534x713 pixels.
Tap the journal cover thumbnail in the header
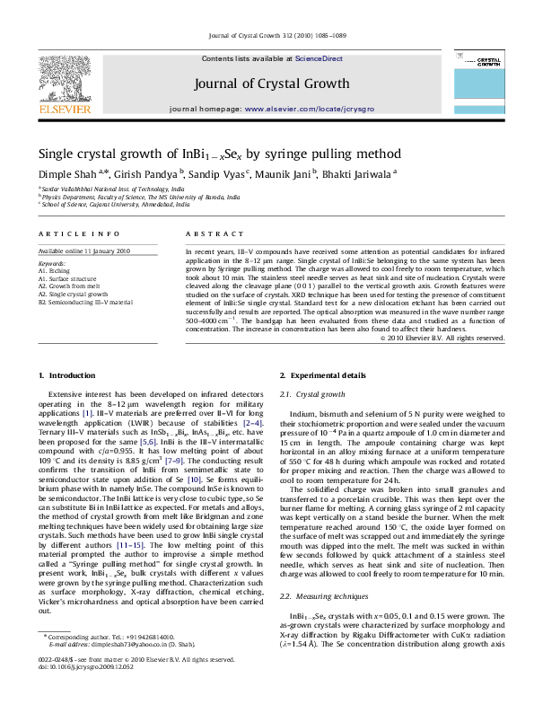click(x=489, y=87)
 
